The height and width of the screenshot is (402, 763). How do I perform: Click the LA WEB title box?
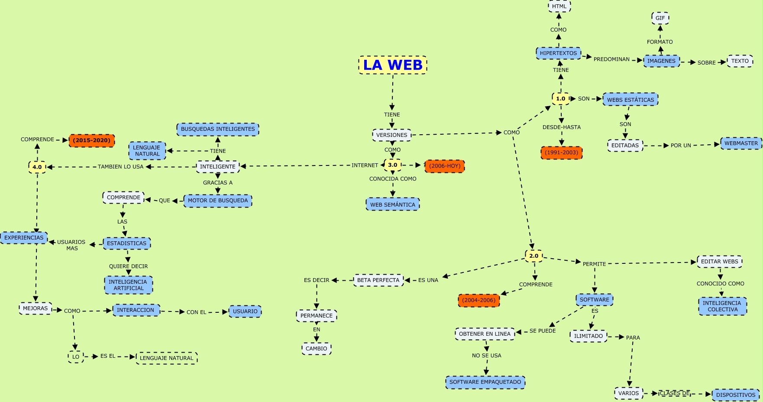[393, 65]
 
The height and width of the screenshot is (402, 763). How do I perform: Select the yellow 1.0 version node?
[561, 99]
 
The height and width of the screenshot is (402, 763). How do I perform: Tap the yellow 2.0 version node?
[533, 256]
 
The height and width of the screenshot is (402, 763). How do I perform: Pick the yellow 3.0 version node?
[392, 165]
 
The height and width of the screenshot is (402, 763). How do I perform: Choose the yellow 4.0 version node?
[37, 167]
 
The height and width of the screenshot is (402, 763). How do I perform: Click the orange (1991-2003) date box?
[561, 152]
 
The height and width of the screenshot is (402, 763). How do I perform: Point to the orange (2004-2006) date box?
[478, 300]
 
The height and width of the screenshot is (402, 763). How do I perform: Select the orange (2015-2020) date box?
[91, 140]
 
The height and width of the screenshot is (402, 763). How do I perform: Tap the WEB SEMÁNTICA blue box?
[392, 204]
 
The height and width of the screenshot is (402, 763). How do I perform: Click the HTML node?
[559, 6]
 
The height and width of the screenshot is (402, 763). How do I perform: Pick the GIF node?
[660, 18]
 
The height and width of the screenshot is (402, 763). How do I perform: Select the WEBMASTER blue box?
[741, 143]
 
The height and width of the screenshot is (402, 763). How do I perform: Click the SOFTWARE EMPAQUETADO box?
[485, 382]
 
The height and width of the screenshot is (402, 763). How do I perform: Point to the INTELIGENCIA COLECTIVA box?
[722, 306]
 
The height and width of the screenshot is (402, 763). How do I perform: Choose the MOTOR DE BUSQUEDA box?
[218, 201]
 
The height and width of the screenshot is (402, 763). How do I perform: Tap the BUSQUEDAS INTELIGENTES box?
[218, 129]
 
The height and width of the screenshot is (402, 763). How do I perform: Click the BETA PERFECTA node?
[378, 280]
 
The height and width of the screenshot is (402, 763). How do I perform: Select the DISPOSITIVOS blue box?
[735, 395]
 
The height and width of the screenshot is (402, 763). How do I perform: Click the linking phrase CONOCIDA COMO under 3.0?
[393, 179]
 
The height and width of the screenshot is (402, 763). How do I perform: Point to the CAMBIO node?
[316, 349]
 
